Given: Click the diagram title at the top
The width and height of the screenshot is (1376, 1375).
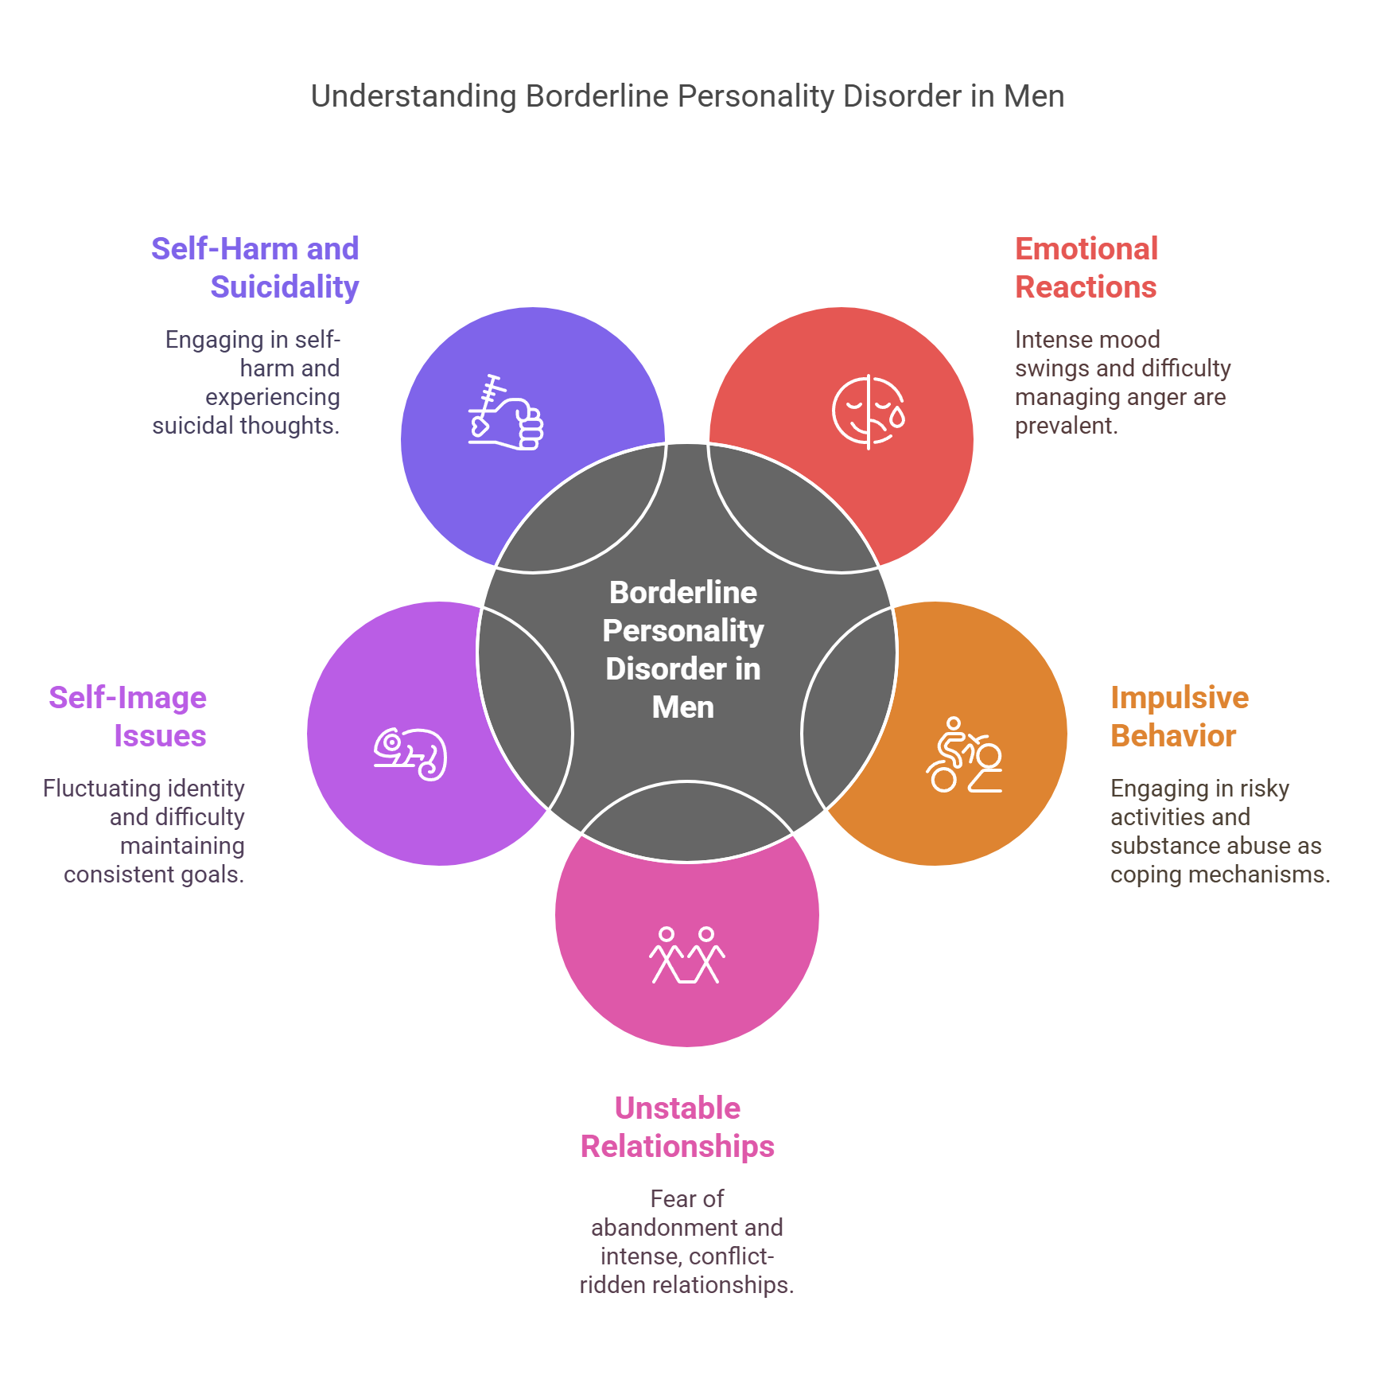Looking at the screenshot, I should [x=687, y=96].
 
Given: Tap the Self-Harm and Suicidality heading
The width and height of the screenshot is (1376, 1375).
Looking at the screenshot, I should [x=255, y=268].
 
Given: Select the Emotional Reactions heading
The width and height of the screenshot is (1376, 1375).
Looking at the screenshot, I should [x=1086, y=268].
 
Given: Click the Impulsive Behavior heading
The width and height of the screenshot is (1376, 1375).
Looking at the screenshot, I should [x=1179, y=717].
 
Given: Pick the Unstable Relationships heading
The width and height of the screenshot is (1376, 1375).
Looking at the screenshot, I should [x=678, y=1128].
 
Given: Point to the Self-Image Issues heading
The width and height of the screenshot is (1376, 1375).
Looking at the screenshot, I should [x=128, y=717].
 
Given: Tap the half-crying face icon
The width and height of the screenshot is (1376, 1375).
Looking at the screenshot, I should [x=869, y=412].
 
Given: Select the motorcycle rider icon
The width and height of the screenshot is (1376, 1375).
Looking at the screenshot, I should [x=964, y=755].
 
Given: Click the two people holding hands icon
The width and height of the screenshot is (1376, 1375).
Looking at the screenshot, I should [x=687, y=956].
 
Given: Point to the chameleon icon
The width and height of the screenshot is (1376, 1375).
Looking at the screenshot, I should [x=410, y=754].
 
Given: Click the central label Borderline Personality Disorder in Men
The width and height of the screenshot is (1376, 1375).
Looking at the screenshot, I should [x=683, y=649].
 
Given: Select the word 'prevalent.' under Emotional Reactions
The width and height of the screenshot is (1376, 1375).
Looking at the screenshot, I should [x=1066, y=426].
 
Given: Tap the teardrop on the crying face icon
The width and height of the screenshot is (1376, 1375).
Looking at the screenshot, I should [x=897, y=418].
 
